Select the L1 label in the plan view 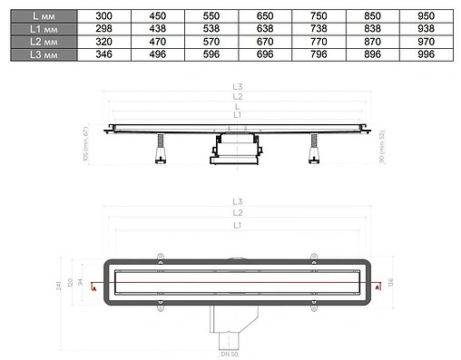(237, 224)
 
